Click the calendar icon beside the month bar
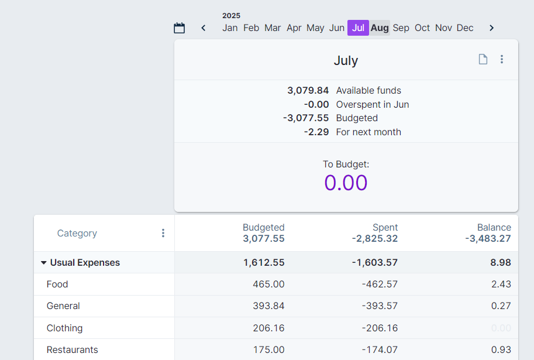(180, 28)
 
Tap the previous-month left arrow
(204, 28)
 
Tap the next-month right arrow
(491, 28)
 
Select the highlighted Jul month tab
(358, 28)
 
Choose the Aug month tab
(380, 28)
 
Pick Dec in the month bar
(465, 28)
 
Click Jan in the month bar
(230, 28)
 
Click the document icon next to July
(483, 59)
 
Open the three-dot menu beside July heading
(501, 59)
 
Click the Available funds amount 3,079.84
(308, 91)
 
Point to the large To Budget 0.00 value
(346, 183)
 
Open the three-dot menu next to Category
(163, 233)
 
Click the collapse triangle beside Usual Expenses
(43, 263)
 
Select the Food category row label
(57, 284)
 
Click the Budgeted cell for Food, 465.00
(268, 284)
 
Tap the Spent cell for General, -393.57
(380, 306)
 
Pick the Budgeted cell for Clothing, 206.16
(268, 328)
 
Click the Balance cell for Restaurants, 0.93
(501, 350)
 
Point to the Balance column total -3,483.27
(488, 239)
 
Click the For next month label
(368, 132)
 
